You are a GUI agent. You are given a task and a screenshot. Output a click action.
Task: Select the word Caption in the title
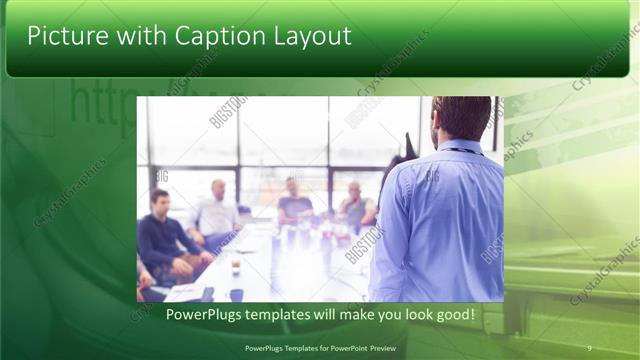[217, 36]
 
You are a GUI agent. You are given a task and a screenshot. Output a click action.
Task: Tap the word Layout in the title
[309, 36]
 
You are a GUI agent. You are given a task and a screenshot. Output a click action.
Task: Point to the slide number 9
[589, 347]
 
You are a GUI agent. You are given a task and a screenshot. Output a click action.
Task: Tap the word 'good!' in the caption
[454, 315]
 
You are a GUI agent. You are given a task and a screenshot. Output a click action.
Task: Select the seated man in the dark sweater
[162, 235]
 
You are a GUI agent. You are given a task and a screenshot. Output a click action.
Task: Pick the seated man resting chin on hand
[354, 204]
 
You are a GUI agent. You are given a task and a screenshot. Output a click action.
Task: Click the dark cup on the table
[235, 268]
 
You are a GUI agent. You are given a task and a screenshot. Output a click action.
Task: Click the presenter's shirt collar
[461, 146]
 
